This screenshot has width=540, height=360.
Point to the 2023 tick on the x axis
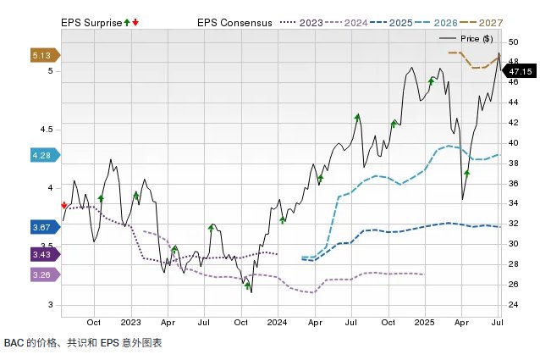point(130,323)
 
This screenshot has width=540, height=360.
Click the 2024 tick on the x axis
point(277,323)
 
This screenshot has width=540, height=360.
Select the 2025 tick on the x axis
point(424,323)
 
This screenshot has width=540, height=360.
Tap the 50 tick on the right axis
point(513,42)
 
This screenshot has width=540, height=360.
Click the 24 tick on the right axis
point(513,304)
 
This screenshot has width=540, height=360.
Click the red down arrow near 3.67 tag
point(64,204)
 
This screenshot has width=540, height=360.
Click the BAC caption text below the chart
point(82,343)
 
